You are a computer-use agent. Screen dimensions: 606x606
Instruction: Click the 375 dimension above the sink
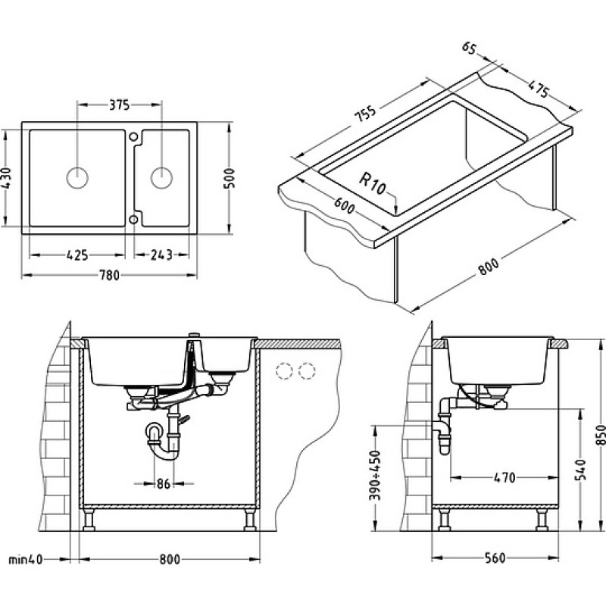[120, 105]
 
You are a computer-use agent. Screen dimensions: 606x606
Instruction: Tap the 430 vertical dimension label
[8, 177]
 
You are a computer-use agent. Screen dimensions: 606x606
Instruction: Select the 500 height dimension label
[230, 178]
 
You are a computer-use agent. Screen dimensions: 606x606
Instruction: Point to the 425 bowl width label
[77, 255]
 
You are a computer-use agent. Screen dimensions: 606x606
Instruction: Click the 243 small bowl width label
[161, 255]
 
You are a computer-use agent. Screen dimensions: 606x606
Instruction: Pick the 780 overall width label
[110, 275]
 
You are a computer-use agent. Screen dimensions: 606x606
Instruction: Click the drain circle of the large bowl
[77, 178]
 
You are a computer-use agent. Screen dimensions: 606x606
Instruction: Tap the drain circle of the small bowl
[161, 178]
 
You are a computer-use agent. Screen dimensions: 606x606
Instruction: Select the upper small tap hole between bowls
[133, 136]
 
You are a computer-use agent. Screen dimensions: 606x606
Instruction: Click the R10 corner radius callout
[373, 183]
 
